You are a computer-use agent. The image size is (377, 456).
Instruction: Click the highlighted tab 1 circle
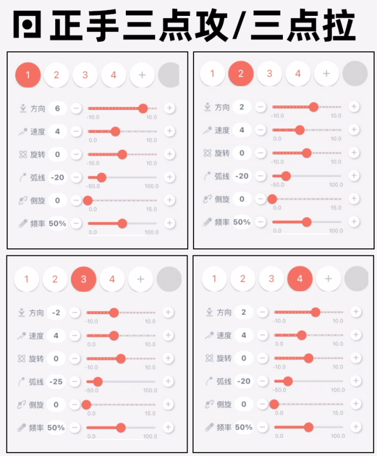click(28, 75)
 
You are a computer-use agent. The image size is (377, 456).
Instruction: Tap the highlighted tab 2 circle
click(241, 74)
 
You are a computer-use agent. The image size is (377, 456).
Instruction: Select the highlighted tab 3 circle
click(84, 279)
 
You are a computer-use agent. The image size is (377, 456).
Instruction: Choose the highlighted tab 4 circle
click(300, 279)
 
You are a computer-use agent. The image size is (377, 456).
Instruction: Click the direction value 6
click(57, 108)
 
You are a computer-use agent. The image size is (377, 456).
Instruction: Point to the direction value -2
click(56, 312)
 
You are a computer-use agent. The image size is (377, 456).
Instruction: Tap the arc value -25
click(56, 381)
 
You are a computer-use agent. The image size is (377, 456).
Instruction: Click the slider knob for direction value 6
click(143, 108)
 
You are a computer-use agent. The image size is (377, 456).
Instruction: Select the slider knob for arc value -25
click(98, 381)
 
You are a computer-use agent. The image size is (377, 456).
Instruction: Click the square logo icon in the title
click(26, 25)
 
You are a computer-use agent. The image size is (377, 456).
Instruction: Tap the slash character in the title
click(239, 25)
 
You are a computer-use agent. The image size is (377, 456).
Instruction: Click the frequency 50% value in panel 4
click(243, 427)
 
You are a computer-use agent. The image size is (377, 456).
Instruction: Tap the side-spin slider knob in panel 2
click(272, 199)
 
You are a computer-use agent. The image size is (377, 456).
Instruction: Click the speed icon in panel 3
click(22, 335)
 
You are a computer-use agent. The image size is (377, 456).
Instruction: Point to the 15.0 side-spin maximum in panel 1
click(151, 209)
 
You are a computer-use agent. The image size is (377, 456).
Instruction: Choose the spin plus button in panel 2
click(354, 152)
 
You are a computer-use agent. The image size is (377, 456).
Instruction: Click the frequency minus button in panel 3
click(75, 428)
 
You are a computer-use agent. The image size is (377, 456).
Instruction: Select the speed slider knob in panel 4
click(302, 335)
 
